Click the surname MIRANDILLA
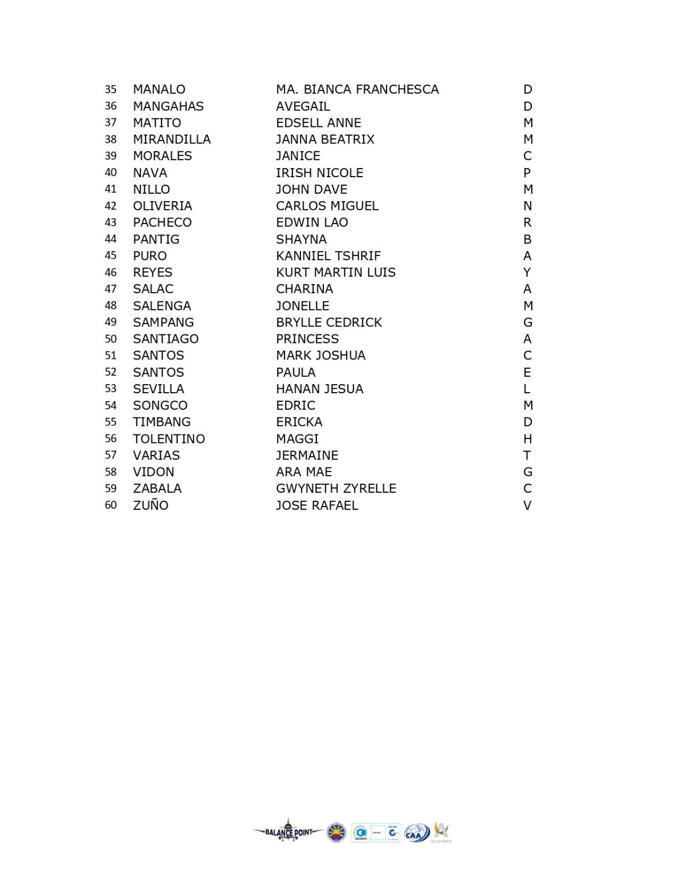click(x=171, y=139)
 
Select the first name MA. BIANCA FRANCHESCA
click(x=357, y=90)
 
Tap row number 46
click(x=110, y=273)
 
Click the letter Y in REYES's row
click(x=527, y=273)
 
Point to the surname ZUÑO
click(x=150, y=505)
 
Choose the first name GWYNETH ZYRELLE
click(x=336, y=489)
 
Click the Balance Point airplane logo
click(x=289, y=832)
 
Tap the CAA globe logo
click(x=417, y=833)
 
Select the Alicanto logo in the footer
click(x=442, y=832)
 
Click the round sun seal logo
click(x=336, y=833)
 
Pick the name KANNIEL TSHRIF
click(x=328, y=256)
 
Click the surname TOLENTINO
click(x=169, y=439)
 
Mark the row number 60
click(x=110, y=505)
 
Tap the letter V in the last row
click(x=527, y=505)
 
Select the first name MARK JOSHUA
click(x=320, y=356)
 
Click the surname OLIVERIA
click(x=162, y=206)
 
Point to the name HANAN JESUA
click(x=319, y=389)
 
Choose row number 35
click(x=110, y=90)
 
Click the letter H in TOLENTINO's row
click(x=527, y=439)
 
